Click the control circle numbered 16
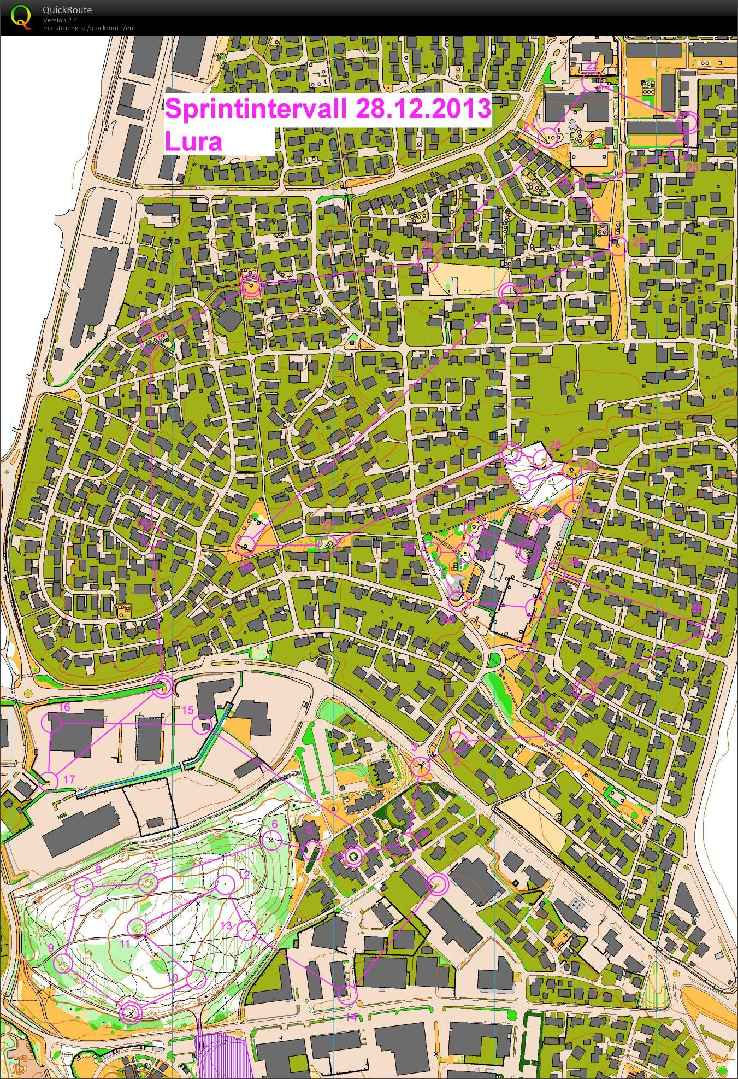pyautogui.click(x=53, y=723)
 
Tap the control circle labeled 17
pyautogui.click(x=50, y=781)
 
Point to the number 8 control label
pyautogui.click(x=98, y=869)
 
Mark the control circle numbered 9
pyautogui.click(x=65, y=963)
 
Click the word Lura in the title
pyautogui.click(x=193, y=142)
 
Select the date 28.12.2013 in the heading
pyautogui.click(x=422, y=108)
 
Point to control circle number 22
pyautogui.click(x=590, y=83)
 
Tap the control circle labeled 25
pyautogui.click(x=618, y=247)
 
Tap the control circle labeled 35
pyautogui.click(x=432, y=552)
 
